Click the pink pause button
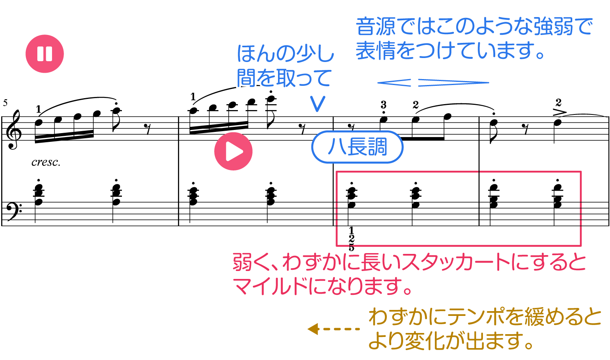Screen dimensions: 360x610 coord(44,54)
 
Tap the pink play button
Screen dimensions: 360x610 coord(233,151)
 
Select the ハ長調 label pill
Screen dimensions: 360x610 coord(357,147)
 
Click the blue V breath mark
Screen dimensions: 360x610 coord(318,104)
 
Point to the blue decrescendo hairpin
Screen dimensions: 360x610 coord(453,83)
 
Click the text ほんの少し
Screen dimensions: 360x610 coord(286,54)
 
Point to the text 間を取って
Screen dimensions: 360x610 coord(284,78)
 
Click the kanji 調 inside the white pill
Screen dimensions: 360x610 coord(377,147)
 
